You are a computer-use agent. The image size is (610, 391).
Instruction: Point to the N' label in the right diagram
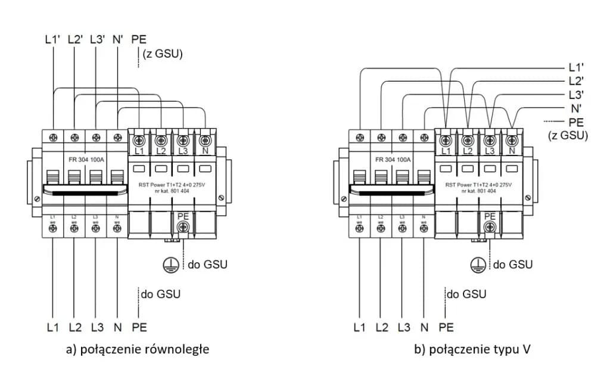click(x=576, y=108)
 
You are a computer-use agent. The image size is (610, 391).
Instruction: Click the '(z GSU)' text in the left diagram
click(x=162, y=55)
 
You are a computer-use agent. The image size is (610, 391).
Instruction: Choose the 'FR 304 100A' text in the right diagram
click(x=393, y=160)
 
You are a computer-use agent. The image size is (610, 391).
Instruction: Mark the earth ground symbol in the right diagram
click(x=479, y=264)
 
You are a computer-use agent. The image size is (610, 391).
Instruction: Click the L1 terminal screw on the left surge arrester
click(x=139, y=141)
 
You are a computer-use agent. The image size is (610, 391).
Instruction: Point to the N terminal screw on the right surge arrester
click(x=511, y=141)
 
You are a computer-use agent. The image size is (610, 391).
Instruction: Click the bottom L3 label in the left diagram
click(x=97, y=327)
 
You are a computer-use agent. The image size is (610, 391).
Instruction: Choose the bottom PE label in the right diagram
click(x=446, y=327)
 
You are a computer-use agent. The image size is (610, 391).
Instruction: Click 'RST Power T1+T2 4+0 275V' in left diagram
click(x=172, y=184)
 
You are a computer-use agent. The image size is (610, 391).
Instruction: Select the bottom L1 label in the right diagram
click(x=360, y=327)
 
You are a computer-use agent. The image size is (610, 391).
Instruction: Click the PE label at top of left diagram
click(x=139, y=40)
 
